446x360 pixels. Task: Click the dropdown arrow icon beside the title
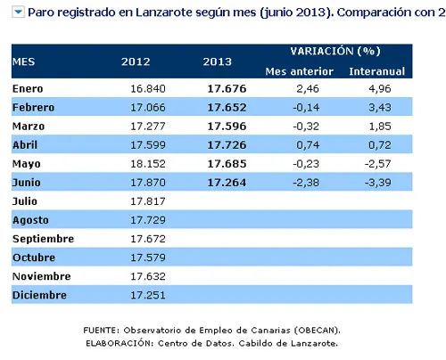[x=18, y=12]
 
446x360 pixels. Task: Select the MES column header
[x=24, y=61]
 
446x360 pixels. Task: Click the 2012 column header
[x=136, y=61]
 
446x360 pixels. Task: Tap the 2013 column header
[x=218, y=61]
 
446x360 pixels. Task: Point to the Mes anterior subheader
[x=300, y=71]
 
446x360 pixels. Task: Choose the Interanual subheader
[x=377, y=71]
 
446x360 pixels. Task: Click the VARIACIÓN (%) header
[x=335, y=51]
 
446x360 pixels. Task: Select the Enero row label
[x=28, y=89]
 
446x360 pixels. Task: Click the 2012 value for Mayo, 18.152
[x=148, y=164]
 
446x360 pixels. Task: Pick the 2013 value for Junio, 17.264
[x=227, y=183]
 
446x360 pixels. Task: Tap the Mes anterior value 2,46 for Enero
[x=308, y=89]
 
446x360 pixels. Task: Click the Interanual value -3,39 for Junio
[x=378, y=183]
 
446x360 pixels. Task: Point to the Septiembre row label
[x=43, y=239]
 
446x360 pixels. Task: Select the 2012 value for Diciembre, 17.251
[x=148, y=295]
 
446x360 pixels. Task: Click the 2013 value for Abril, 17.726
[x=227, y=145]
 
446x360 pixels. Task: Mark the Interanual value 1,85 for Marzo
[x=380, y=127]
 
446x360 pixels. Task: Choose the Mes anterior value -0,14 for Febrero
[x=306, y=108]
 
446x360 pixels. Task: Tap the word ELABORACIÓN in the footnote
[x=120, y=343]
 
